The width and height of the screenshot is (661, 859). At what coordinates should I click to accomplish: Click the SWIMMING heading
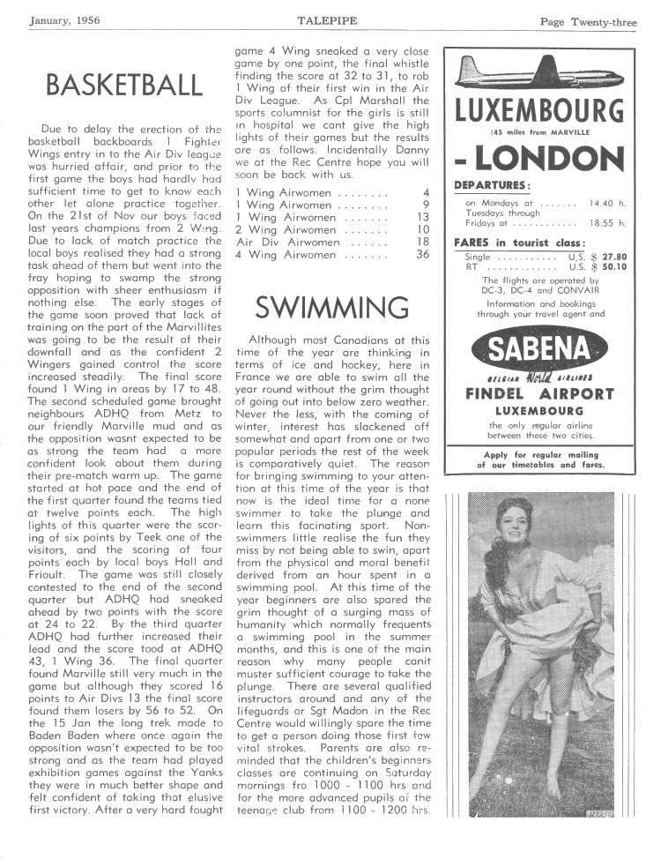point(331,307)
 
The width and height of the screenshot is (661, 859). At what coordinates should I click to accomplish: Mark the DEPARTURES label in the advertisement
point(491,185)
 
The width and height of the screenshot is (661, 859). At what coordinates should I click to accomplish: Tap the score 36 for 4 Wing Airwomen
point(422,254)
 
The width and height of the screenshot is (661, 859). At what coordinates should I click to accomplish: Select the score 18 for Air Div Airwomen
point(422,242)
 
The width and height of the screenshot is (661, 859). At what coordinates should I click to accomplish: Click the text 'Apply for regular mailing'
point(540,454)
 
